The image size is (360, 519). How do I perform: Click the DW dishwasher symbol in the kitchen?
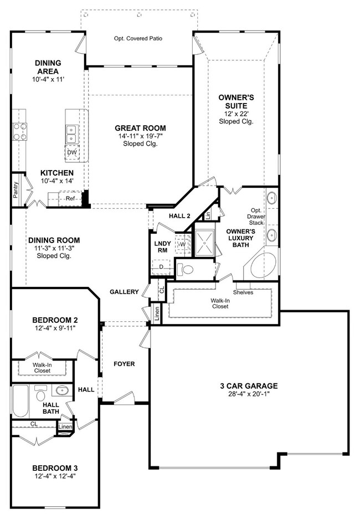pos(72,152)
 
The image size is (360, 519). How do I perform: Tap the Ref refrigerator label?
pos(70,198)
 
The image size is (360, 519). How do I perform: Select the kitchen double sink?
pos(71,133)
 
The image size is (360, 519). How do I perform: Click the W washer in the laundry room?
pos(183,244)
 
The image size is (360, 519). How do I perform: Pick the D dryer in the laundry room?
pos(161,267)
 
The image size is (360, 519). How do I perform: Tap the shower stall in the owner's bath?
pos(205,243)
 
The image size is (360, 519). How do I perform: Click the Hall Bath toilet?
pos(40,393)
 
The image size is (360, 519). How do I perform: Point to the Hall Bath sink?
pos(62,390)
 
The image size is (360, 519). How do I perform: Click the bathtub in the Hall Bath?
pos(20,401)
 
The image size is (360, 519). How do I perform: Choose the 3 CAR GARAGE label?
pos(249,386)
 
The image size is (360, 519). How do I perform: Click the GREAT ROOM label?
pos(140,128)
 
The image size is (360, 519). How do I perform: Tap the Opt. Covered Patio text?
pos(138,38)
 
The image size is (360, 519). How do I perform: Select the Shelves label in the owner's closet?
pos(243,292)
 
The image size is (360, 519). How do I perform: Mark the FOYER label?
pos(124,364)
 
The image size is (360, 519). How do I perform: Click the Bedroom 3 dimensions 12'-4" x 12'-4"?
pos(55,476)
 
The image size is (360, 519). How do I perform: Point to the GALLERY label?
pos(124,291)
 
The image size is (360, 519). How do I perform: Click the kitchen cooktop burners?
pos(20,131)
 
